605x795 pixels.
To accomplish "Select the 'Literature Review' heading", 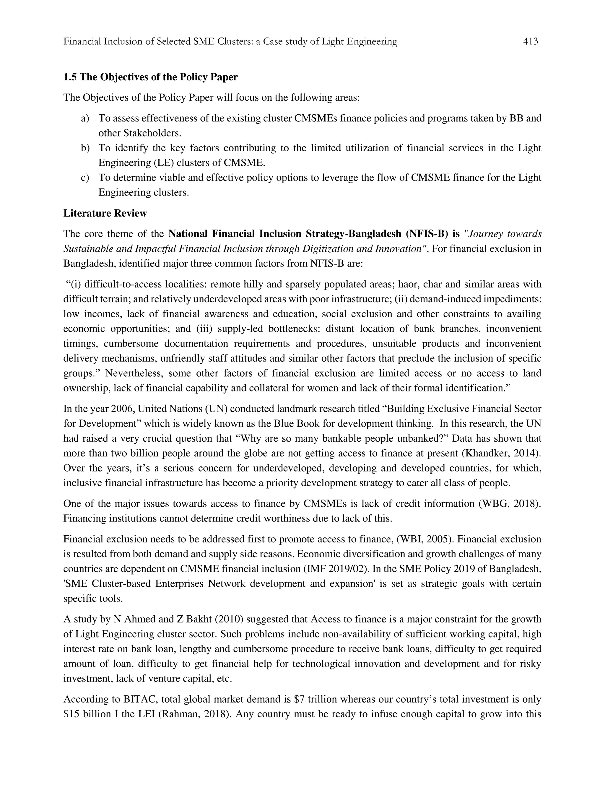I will click(105, 213).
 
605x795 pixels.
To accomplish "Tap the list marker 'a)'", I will click(85, 118).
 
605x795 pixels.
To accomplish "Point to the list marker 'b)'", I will click(85, 148).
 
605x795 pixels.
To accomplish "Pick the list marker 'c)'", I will click(85, 178).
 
